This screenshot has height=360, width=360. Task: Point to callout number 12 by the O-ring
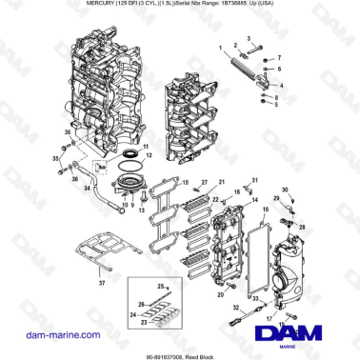click(x=148, y=159)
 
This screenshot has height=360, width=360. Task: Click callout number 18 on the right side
click(x=266, y=221)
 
